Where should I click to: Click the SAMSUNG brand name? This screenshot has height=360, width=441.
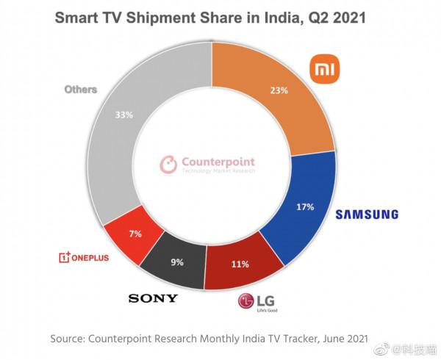click(x=367, y=215)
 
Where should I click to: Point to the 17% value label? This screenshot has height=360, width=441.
click(x=304, y=207)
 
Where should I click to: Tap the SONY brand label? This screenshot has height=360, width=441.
click(x=153, y=298)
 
